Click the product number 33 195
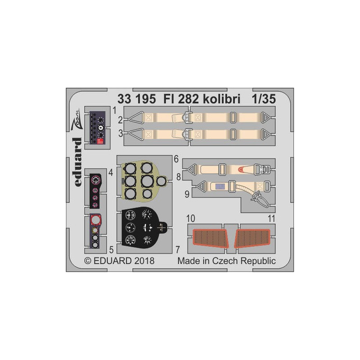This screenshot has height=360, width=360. pyautogui.click(x=137, y=99)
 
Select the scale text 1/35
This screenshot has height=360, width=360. pyautogui.click(x=264, y=99)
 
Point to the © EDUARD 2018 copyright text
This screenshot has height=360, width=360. pyautogui.click(x=119, y=261)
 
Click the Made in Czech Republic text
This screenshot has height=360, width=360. pyautogui.click(x=227, y=261)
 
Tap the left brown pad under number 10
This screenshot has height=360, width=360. pyautogui.click(x=210, y=238)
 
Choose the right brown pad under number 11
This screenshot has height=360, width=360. pyautogui.click(x=252, y=238)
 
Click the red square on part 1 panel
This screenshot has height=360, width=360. pyautogui.click(x=100, y=141)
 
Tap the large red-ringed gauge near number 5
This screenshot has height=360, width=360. pyautogui.click(x=96, y=220)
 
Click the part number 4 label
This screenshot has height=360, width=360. pyautogui.click(x=111, y=173)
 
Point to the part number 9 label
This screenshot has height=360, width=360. pyautogui.click(x=187, y=194)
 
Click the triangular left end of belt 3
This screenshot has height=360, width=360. pyautogui.click(x=136, y=134)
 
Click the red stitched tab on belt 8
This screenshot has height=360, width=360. pyautogui.click(x=241, y=170)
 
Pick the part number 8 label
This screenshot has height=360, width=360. pyautogui.click(x=179, y=177)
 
